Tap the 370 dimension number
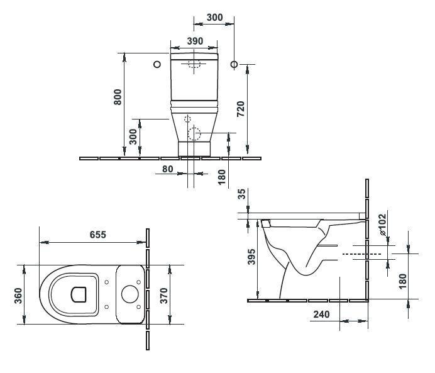click(164, 294)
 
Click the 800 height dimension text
click(118, 96)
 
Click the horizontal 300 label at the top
click(214, 18)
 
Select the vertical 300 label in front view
click(133, 137)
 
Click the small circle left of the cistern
click(157, 64)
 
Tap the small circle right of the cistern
click(234, 64)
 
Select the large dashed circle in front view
click(194, 134)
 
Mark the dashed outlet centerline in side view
click(361, 254)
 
